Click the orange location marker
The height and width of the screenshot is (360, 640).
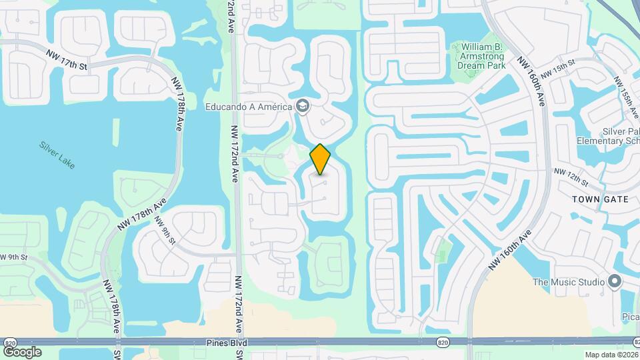320,159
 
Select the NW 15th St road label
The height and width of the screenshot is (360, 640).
558,70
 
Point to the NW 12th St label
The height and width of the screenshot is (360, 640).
573,177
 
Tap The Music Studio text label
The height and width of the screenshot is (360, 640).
569,282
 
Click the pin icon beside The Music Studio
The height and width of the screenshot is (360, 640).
615,281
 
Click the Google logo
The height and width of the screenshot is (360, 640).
22,352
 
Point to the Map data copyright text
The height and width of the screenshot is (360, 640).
611,355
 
